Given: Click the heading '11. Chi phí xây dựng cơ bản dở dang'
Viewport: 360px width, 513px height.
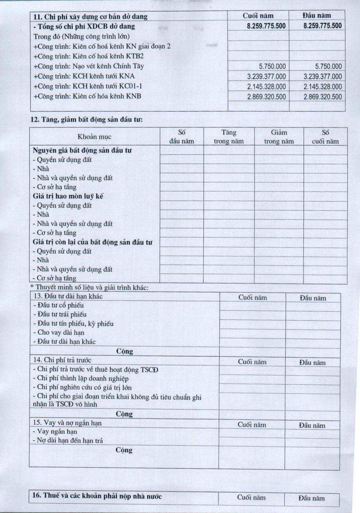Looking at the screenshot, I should click(90, 17).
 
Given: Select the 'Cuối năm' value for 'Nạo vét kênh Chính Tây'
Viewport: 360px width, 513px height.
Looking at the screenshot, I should click(272, 66).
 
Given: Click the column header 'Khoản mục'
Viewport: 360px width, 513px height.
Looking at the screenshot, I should click(94, 137).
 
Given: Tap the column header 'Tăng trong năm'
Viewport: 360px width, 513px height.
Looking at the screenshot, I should click(229, 137).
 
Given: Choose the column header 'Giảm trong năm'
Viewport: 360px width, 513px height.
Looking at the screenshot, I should click(279, 137).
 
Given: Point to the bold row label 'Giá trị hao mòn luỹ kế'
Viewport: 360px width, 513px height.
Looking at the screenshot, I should click(68, 196).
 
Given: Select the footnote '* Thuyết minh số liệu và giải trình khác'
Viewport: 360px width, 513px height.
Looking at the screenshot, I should click(89, 287).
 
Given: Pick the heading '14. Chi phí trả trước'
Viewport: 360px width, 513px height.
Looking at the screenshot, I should click(62, 360).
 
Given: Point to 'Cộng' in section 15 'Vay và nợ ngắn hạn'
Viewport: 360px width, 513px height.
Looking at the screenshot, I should click(124, 450).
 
